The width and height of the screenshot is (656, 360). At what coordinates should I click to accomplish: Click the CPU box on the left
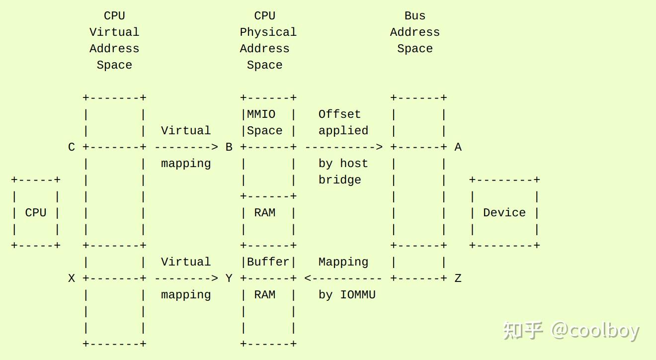pyautogui.click(x=36, y=212)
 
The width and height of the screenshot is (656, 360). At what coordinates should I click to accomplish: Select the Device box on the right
pyautogui.click(x=504, y=212)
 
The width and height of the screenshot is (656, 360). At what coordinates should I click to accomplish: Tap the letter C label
pyautogui.click(x=72, y=147)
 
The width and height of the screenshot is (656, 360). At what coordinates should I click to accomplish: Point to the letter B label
pyautogui.click(x=229, y=147)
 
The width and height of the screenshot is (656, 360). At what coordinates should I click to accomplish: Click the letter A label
pyautogui.click(x=458, y=147)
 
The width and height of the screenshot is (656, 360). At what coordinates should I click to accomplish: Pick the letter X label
pyautogui.click(x=72, y=278)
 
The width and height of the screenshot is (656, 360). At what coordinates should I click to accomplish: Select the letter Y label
pyautogui.click(x=229, y=278)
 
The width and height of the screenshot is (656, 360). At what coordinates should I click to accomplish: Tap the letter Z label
pyautogui.click(x=458, y=278)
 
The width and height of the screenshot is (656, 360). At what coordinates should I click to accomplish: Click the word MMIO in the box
pyautogui.click(x=261, y=114)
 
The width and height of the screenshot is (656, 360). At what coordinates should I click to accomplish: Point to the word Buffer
pyautogui.click(x=268, y=262)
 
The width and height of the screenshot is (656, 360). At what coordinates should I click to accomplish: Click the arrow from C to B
pyautogui.click(x=186, y=147)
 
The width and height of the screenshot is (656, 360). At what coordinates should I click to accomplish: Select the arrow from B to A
pyautogui.click(x=343, y=147)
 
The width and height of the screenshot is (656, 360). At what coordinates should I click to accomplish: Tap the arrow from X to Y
pyautogui.click(x=186, y=278)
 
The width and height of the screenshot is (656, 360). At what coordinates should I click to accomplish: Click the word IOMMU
pyautogui.click(x=357, y=295)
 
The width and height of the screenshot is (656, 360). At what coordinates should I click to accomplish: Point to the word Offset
pyautogui.click(x=339, y=114)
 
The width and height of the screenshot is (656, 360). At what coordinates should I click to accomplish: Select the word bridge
pyautogui.click(x=339, y=180)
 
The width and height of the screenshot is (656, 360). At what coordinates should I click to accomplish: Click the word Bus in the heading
pyautogui.click(x=415, y=16)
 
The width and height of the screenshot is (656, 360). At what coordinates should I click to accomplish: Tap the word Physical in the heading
pyautogui.click(x=268, y=32)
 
